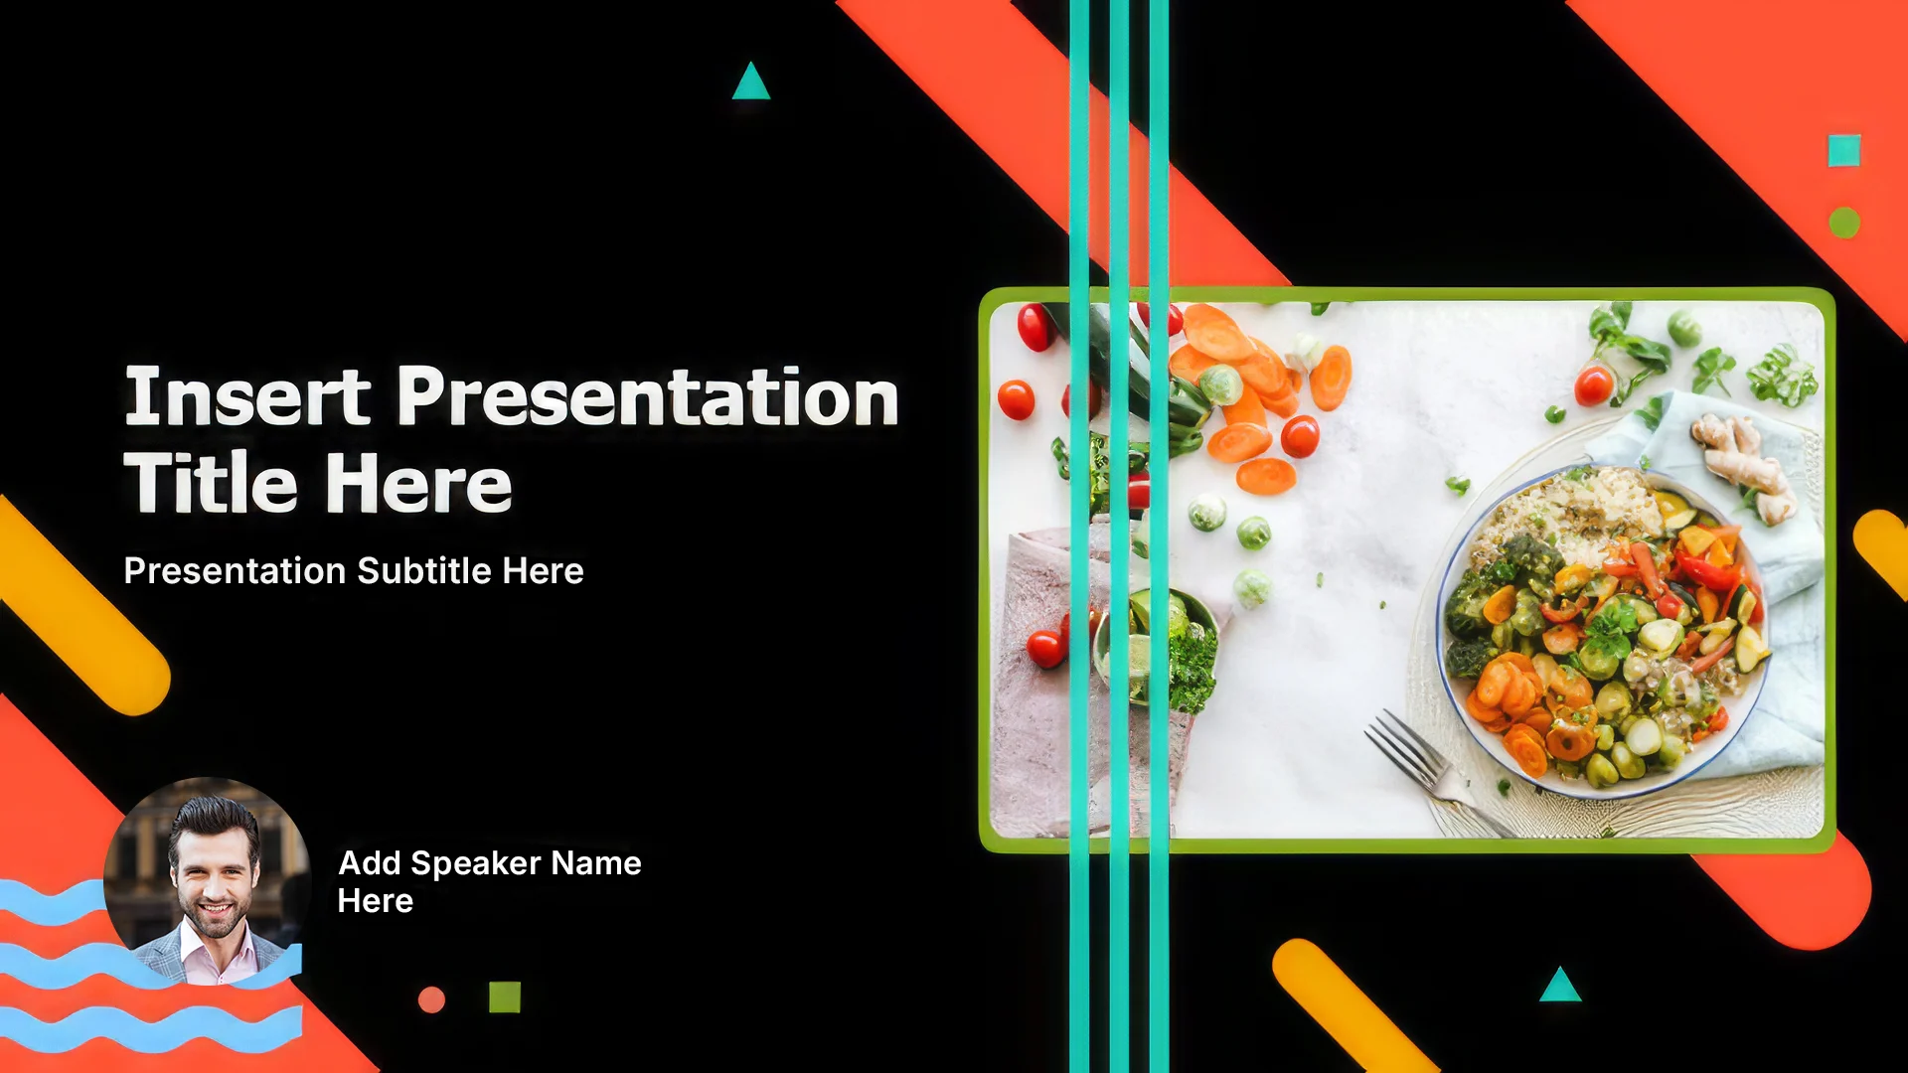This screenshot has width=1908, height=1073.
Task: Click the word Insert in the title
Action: pos(247,396)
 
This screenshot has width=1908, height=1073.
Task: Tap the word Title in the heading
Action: pos(211,483)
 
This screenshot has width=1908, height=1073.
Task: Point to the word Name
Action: pos(596,863)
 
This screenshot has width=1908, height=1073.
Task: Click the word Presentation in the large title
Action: pos(648,396)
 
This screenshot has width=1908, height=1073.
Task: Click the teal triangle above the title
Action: pos(751,81)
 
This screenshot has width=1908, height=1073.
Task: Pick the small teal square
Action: pos(1844,151)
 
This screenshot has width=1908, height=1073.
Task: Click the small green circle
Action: pos(1844,223)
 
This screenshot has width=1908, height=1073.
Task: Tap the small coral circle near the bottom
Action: pos(431,999)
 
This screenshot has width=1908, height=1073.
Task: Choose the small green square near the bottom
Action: pos(505,996)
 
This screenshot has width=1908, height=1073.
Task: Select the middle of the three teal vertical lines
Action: pos(1119,536)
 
